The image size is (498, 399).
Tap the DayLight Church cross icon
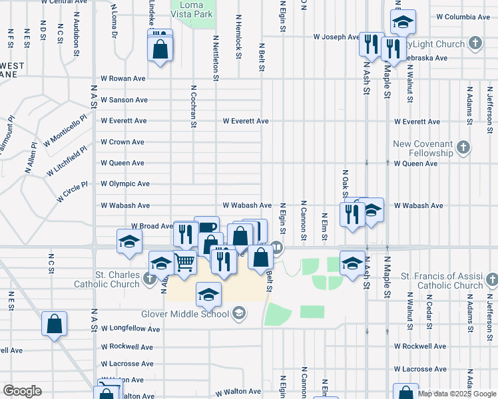(475, 44)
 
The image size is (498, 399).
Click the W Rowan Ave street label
(123, 78)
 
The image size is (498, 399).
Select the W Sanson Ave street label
(124, 100)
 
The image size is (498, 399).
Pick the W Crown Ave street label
(123, 142)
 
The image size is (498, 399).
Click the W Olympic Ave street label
(125, 184)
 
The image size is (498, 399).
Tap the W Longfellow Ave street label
(129, 328)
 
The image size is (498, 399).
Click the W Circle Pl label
(73, 192)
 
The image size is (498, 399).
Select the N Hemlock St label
(237, 38)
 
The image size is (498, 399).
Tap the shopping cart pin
(184, 262)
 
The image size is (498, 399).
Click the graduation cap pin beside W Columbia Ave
(403, 23)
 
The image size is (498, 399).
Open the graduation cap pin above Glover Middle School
(208, 295)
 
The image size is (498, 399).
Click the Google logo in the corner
(23, 391)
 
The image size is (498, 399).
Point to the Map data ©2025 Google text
(457, 394)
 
